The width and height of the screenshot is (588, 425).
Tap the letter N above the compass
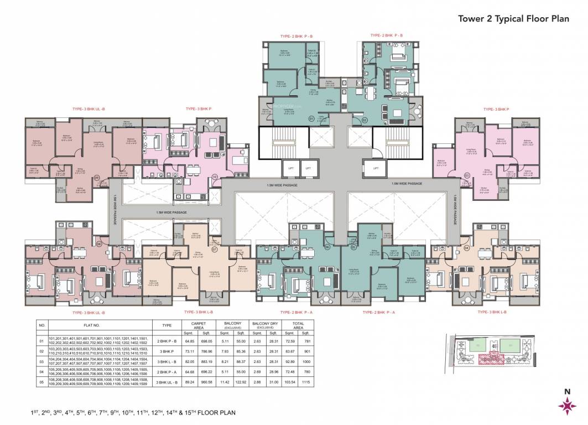click(566, 392)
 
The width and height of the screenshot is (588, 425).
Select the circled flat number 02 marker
click(365, 119)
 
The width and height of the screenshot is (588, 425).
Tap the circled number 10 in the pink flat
click(215, 177)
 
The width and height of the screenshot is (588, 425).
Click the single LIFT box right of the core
click(376, 167)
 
